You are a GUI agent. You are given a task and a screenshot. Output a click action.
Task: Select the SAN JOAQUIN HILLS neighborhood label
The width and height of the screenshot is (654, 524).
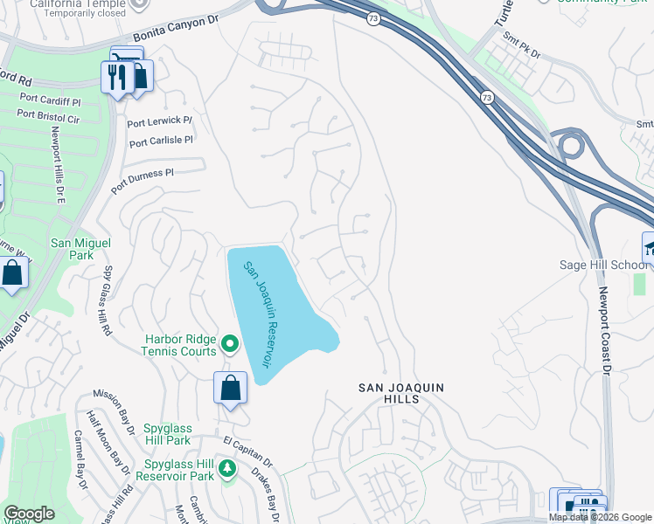coord(401,393)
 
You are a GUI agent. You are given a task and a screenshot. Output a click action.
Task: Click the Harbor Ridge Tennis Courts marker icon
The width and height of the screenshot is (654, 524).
coord(231,343)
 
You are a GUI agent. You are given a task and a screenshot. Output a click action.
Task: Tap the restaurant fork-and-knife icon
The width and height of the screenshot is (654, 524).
coord(116,77)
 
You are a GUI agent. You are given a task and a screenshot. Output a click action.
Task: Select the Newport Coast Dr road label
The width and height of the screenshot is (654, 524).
coord(603,333)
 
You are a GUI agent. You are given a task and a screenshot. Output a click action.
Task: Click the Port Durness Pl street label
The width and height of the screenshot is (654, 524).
coord(143,183)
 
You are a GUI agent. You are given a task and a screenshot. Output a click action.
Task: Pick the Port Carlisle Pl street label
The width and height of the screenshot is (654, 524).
coord(160,140)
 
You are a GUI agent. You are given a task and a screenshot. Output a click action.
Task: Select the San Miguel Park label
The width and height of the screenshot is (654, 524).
coord(72,250)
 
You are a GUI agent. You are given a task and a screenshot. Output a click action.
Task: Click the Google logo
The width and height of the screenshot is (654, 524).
coord(29,514)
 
